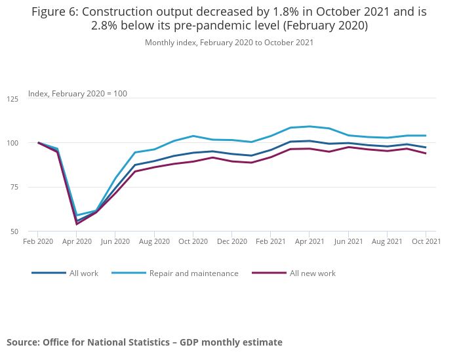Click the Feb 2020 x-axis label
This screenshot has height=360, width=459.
37,241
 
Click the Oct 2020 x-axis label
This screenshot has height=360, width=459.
193,241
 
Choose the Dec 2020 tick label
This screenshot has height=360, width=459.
231,241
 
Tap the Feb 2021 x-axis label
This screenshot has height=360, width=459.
270,241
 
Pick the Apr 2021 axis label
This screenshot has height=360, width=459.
309,241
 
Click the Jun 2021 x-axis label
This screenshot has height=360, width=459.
348,241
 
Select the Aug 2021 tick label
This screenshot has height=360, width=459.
387,241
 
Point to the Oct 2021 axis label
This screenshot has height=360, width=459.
426,241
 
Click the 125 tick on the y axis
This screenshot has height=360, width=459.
12,99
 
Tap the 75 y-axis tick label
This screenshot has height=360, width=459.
14,188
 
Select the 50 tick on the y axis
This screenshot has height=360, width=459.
14,231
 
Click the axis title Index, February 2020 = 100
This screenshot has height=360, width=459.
77,94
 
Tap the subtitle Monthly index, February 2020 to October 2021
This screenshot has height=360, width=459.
229,43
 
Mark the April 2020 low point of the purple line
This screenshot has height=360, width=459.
77,224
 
